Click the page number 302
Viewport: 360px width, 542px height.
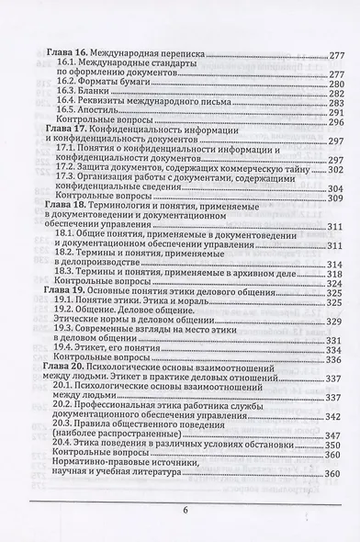click(x=334, y=171)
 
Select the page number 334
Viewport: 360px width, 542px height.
click(x=334, y=350)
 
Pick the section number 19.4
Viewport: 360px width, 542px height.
click(x=66, y=350)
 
